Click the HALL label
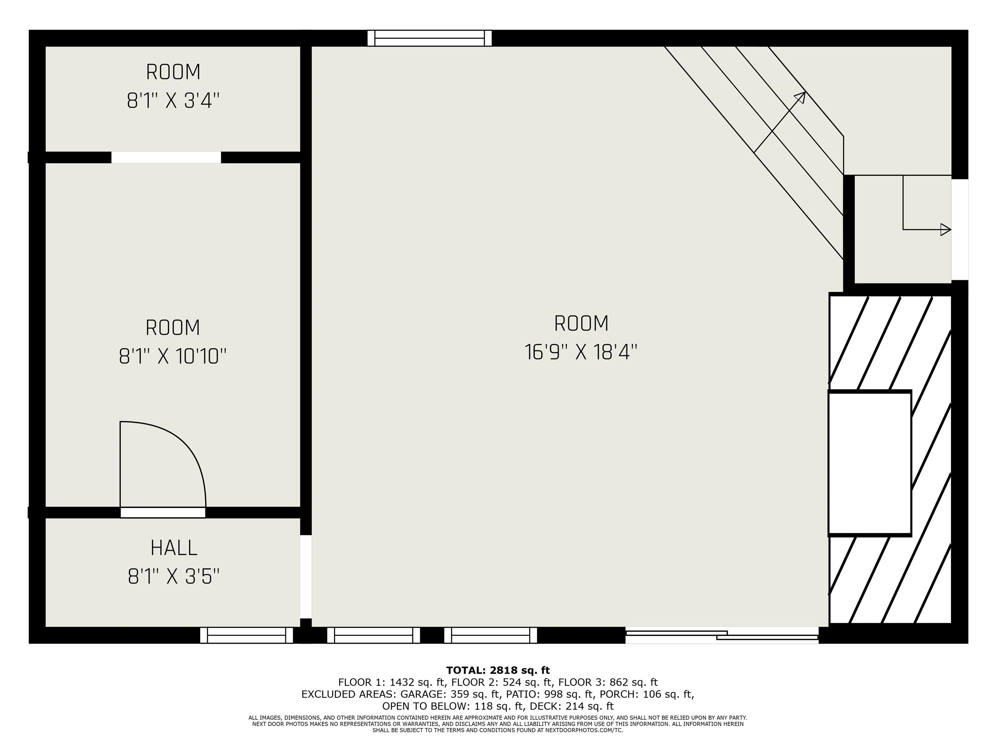[x=174, y=548]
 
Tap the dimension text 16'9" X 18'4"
[x=581, y=352]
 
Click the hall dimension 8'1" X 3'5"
[x=174, y=576]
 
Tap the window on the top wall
[x=429, y=38]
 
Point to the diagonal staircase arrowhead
[x=801, y=96]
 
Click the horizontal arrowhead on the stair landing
[x=945, y=230]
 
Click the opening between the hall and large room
[x=306, y=576]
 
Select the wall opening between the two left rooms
[x=166, y=158]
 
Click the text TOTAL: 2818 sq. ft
[x=498, y=670]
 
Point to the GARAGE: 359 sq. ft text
[x=450, y=694]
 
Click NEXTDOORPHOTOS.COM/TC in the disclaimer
[x=584, y=730]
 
